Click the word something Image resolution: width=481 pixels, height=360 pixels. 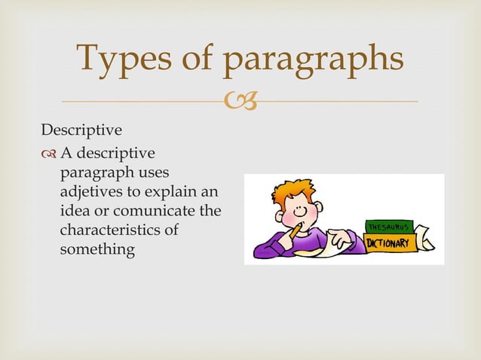(x=97, y=249)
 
